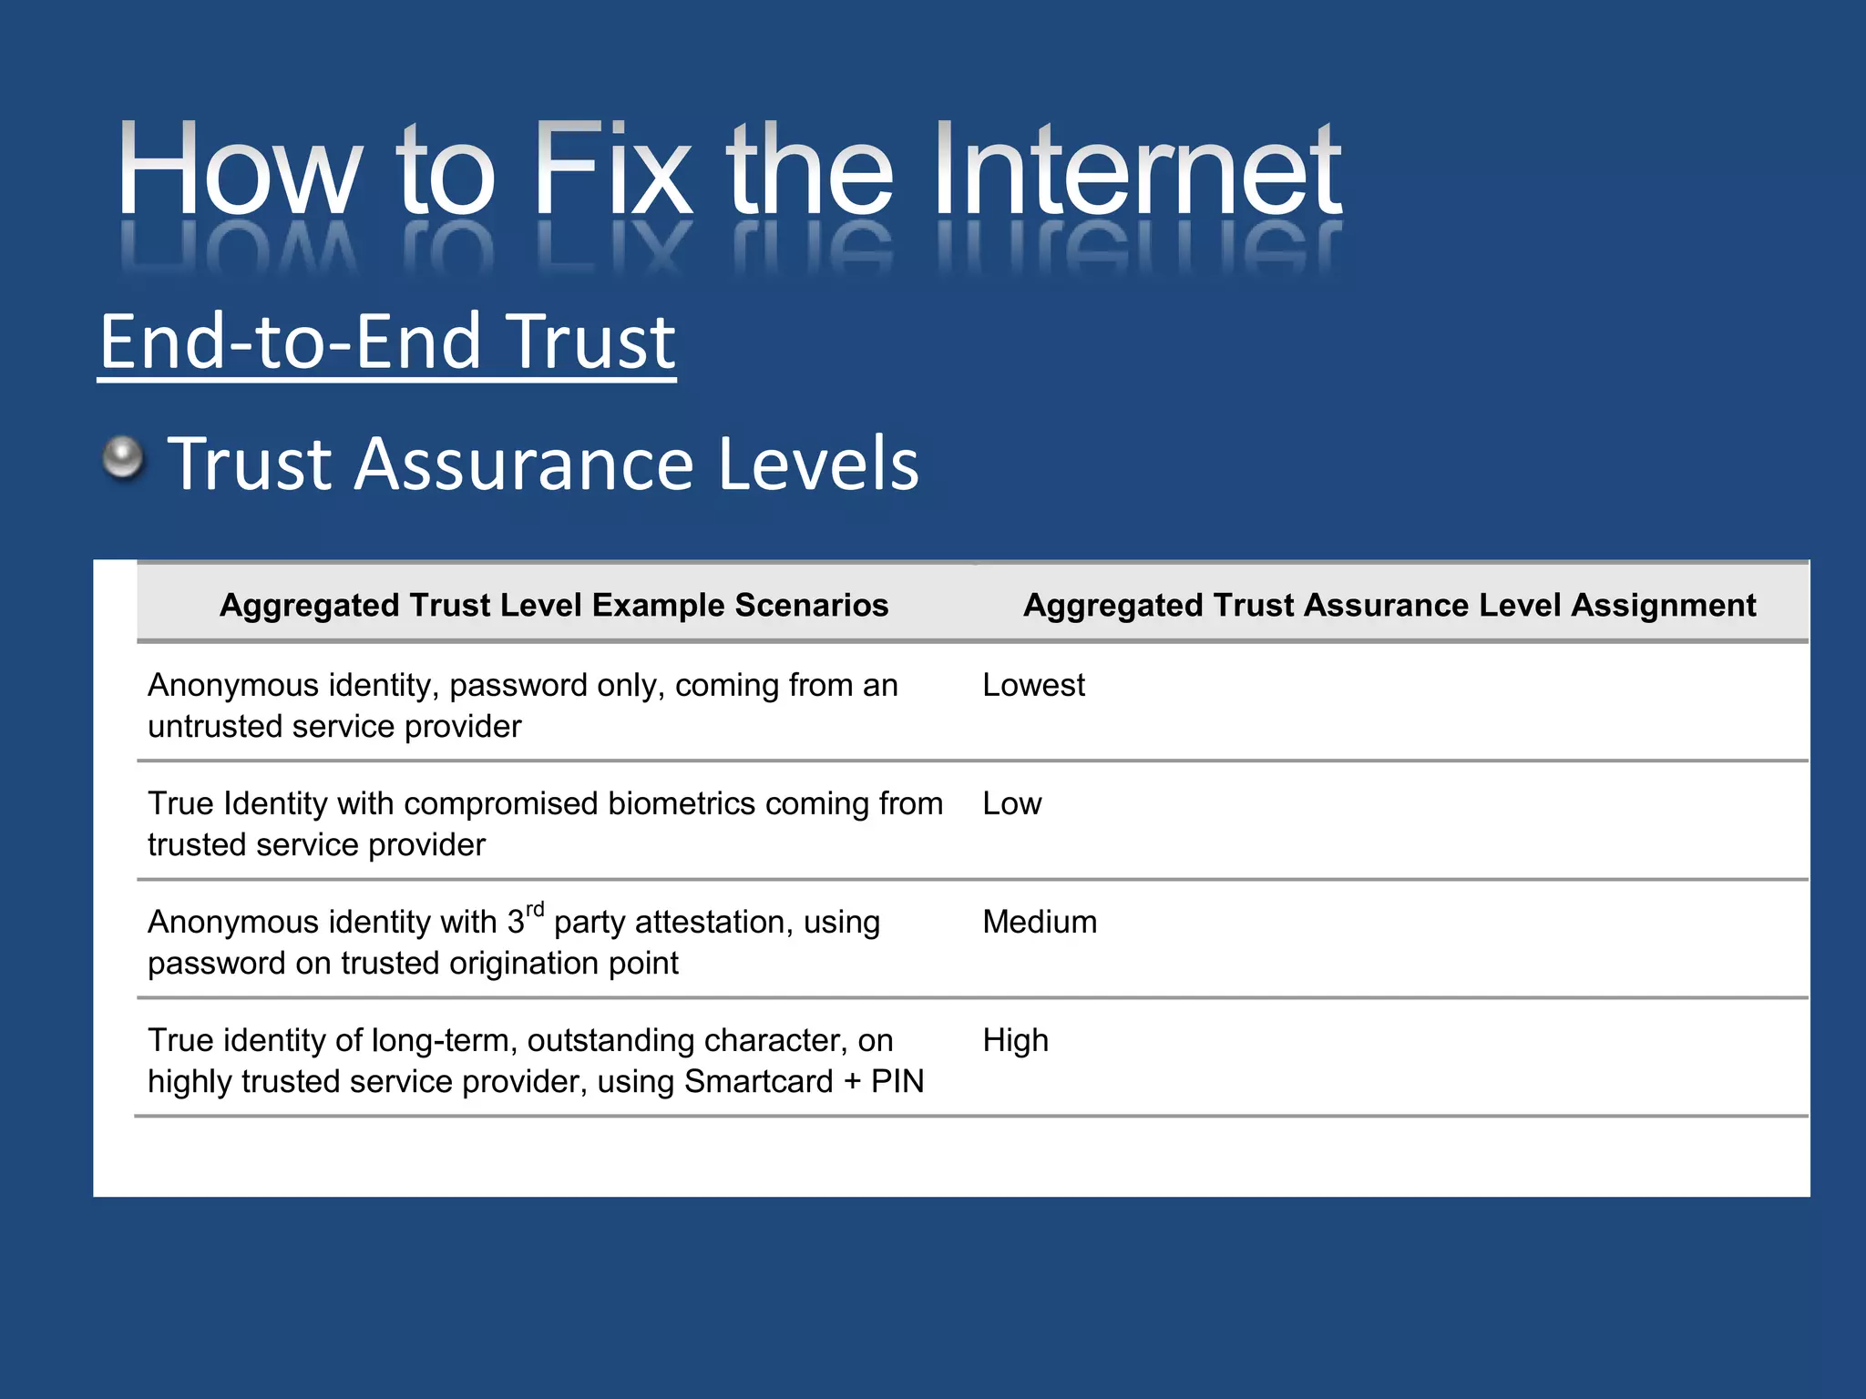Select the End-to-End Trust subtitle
(387, 342)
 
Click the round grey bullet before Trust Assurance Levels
(123, 456)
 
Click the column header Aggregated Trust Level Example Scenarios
(554, 605)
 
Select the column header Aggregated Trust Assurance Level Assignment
(1389, 605)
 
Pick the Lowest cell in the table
(1033, 685)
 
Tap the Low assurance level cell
(1011, 803)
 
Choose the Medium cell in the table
(1040, 922)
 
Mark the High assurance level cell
(1015, 1040)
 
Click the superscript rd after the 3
(535, 909)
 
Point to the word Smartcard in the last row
(758, 1081)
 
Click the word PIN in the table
(897, 1081)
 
